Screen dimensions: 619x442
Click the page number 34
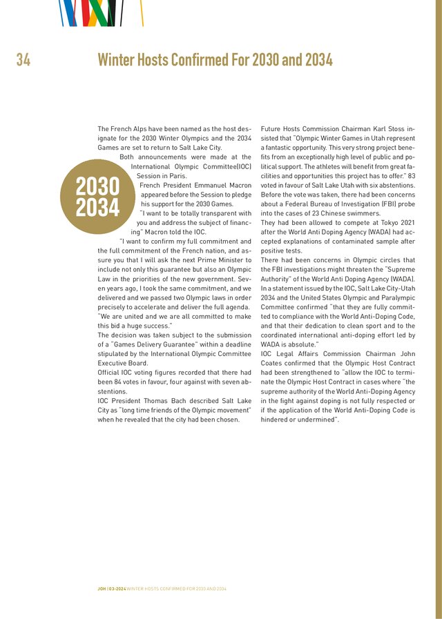point(23,60)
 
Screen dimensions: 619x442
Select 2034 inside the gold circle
point(97,207)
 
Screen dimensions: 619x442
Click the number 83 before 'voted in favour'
point(411,176)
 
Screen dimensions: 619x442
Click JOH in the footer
point(102,589)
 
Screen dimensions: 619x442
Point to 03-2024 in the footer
point(117,589)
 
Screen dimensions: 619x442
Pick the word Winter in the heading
point(118,60)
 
